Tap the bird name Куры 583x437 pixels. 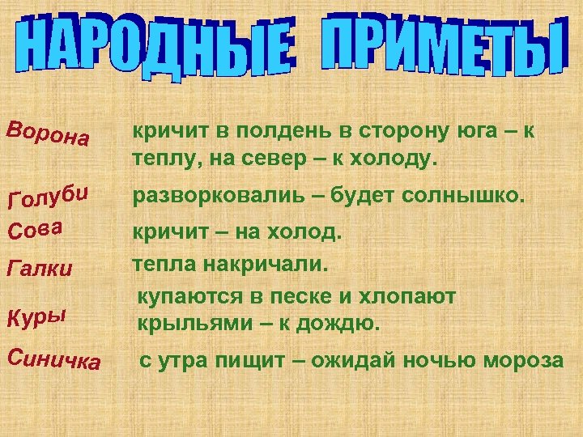click(x=36, y=313)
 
